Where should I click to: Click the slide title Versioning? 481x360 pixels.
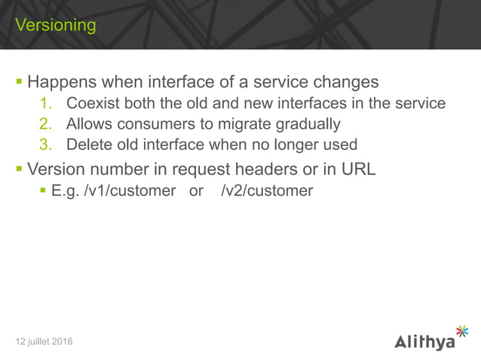coord(56,26)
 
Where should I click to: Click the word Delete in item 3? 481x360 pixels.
coord(87,144)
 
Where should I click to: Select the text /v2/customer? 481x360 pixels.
coord(267,191)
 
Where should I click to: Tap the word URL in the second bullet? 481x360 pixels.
coord(357,169)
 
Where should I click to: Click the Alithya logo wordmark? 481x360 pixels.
coord(424,342)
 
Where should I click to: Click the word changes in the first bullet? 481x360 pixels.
coord(345,81)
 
